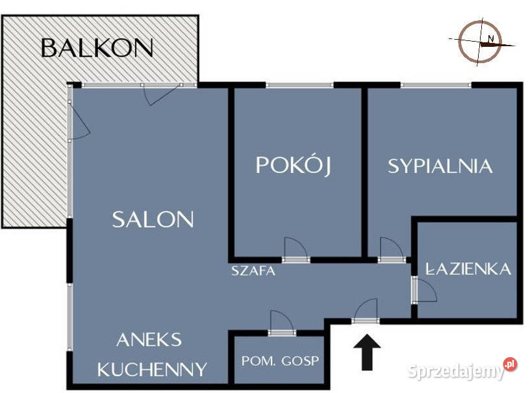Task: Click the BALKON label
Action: point(97,47)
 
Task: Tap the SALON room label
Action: point(153,219)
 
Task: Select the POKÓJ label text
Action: point(293,165)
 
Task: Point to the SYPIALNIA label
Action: point(440,166)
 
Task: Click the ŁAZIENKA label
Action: point(468,269)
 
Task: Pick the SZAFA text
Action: point(253,271)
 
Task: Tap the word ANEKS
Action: point(149,340)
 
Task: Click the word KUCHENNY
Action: point(152,370)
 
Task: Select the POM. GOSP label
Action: point(280,361)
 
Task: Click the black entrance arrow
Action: point(367,353)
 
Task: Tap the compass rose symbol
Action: point(481,43)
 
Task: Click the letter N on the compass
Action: point(491,38)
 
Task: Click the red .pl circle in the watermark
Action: point(510,364)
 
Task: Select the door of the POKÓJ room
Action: point(296,251)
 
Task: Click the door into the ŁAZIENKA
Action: point(424,290)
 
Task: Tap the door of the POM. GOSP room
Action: point(283,323)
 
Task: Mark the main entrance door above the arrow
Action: point(366,312)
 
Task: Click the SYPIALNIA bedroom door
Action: point(392,250)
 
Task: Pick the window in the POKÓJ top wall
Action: point(300,85)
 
